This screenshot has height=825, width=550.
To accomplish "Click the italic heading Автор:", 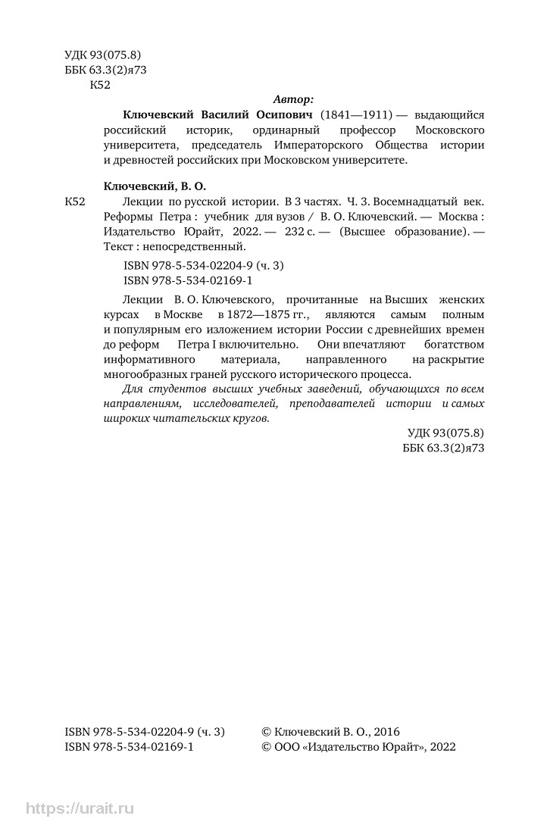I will pos(292,99).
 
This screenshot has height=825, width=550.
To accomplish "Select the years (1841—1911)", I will pos(356,114).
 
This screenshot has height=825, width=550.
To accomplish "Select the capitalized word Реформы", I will pos(125,217).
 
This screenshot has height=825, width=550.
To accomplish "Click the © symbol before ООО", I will pos(266,747).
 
